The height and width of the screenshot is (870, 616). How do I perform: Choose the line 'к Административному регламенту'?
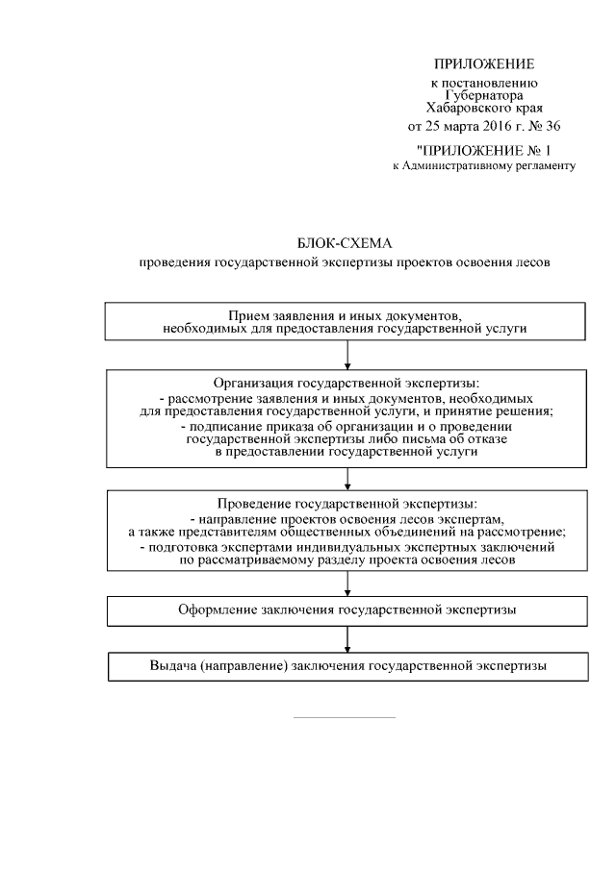click(x=484, y=166)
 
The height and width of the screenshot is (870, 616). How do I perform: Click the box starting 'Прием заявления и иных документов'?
click(x=346, y=322)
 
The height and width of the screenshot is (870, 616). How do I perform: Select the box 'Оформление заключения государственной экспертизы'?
click(x=346, y=609)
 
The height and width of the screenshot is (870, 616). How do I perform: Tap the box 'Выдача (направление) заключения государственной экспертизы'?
click(x=346, y=666)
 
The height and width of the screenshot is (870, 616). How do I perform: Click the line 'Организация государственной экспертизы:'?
click(x=346, y=382)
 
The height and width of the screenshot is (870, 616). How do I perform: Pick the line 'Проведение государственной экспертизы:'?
click(x=346, y=504)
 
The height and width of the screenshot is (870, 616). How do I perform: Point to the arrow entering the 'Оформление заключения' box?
click(x=346, y=585)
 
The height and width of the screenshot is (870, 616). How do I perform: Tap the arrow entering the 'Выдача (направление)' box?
click(x=346, y=641)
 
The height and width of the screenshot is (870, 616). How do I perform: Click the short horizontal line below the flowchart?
click(x=344, y=717)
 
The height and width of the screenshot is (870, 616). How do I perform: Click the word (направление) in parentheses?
click(x=241, y=666)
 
